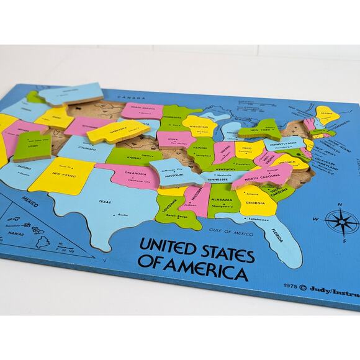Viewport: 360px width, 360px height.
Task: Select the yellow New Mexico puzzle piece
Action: [62, 173]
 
